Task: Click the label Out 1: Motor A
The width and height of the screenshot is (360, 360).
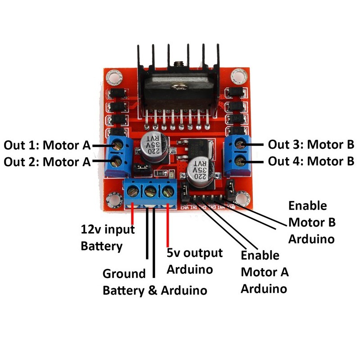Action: (47, 146)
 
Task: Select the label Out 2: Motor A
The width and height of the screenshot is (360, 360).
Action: (47, 161)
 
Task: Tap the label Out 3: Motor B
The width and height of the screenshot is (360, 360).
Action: (311, 145)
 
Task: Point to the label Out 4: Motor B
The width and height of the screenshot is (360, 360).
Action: (311, 161)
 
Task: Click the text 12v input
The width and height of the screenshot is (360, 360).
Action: (108, 230)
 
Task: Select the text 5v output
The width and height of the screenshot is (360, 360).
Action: (195, 253)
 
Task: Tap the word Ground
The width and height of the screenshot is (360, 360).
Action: (124, 273)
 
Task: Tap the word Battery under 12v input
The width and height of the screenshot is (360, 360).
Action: (101, 246)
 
